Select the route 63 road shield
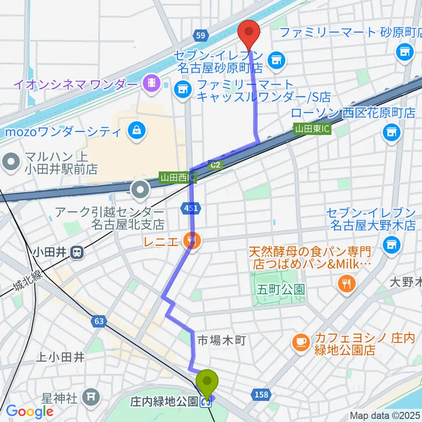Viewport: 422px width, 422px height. [x=99, y=321]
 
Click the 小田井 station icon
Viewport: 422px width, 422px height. [x=77, y=252]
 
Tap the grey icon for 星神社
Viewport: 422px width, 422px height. [x=92, y=397]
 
